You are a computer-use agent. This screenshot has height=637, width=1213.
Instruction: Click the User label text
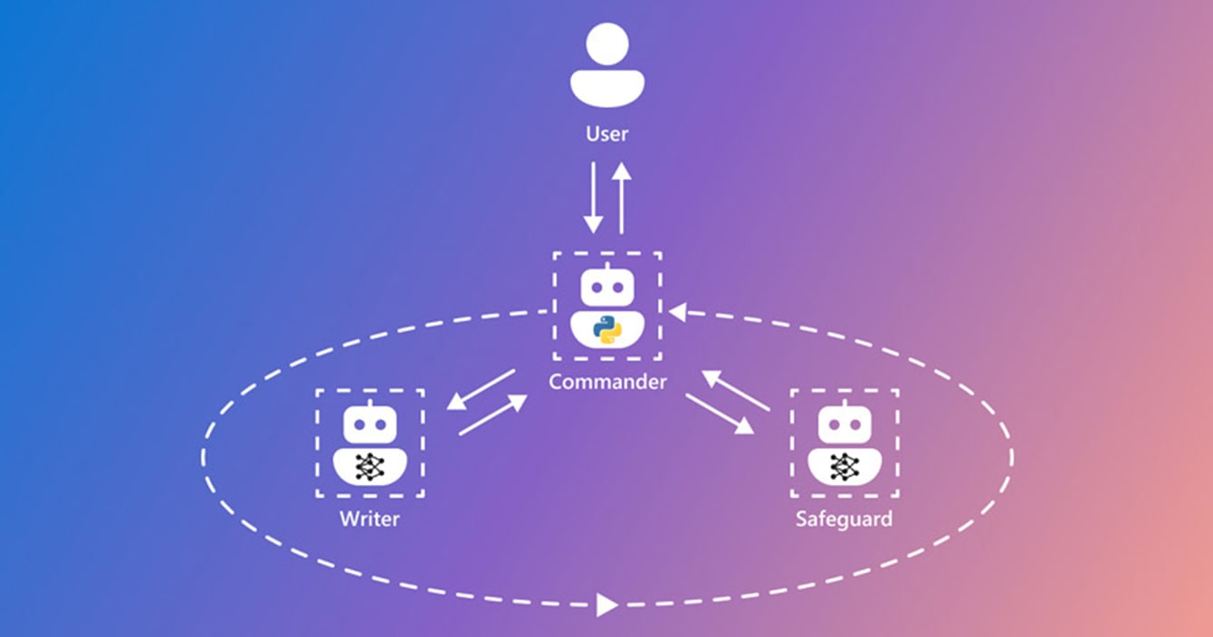coord(606,134)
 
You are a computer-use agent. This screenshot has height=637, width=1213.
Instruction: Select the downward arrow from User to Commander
coord(593,197)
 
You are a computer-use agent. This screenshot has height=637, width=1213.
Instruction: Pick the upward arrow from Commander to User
coord(621,197)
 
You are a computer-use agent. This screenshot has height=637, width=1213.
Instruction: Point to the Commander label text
coord(607,381)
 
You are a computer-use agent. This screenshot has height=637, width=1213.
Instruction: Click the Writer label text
coord(369,519)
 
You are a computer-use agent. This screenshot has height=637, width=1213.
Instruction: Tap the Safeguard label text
coord(844,519)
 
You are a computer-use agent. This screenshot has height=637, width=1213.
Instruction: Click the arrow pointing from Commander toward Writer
coord(481,389)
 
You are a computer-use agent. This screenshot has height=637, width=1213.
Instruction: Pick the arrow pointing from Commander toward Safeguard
coord(720,414)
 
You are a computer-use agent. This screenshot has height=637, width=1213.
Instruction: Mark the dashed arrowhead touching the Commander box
coord(676,312)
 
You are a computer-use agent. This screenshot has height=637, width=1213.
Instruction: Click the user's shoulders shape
coord(606,88)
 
